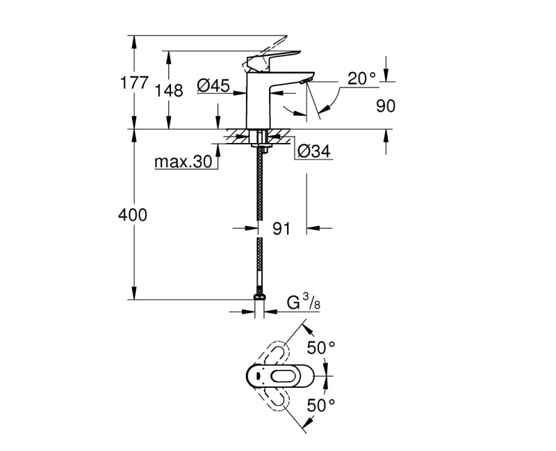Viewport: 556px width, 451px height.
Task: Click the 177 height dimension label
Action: (135, 83)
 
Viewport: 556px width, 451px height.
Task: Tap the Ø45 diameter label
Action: (213, 85)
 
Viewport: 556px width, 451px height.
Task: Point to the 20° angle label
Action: (361, 78)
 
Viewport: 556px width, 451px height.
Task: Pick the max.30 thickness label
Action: (182, 162)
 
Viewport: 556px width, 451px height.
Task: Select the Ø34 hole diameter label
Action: (313, 151)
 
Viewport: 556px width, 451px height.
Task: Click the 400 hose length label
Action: (133, 215)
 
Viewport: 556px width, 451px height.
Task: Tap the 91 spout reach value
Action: (281, 228)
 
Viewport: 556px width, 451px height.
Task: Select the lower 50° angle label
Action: (321, 403)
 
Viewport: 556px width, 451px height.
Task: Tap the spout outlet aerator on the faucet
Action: (302, 83)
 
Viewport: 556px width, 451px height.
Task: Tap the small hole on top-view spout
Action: (258, 375)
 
